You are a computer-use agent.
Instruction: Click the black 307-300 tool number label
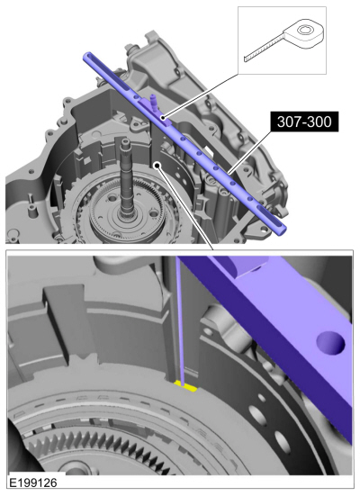coord(304,122)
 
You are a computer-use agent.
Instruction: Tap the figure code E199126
coord(33,482)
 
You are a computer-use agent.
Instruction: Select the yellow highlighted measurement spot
coord(185,386)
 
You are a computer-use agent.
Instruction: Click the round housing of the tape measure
coord(304,33)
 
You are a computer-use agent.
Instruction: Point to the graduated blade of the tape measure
coord(265,48)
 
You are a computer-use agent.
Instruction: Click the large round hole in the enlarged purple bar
coord(330,343)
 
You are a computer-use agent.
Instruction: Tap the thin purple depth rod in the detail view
coord(180,320)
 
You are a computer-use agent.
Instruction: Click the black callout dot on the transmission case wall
coord(157,165)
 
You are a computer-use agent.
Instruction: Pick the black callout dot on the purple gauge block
coord(163,118)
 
